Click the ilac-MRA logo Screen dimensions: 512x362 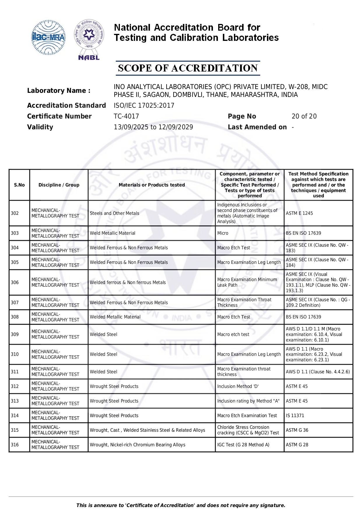tap(48, 37)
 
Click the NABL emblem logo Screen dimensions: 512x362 tap(89, 39)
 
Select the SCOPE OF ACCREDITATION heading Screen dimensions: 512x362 tap(188, 68)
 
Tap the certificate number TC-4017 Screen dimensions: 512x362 tap(126, 116)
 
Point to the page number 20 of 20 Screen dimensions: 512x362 tap(304, 116)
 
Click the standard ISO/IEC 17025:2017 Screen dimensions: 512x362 tap(144, 105)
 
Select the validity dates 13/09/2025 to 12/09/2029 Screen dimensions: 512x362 tap(153, 127)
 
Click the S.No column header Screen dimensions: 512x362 tap(19, 185)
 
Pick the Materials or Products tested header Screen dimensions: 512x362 tap(152, 185)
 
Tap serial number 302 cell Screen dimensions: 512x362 tap(15, 213)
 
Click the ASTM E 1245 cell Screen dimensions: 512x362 tap(299, 213)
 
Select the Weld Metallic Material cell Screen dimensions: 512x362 tap(113, 233)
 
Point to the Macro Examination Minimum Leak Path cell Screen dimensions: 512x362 tap(247, 282)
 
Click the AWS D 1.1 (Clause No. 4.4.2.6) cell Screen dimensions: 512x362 tap(318, 372)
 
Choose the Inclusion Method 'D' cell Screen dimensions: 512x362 tap(238, 386)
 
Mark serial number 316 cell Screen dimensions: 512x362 tap(15, 445)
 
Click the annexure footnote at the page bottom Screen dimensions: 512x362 tap(181, 505)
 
